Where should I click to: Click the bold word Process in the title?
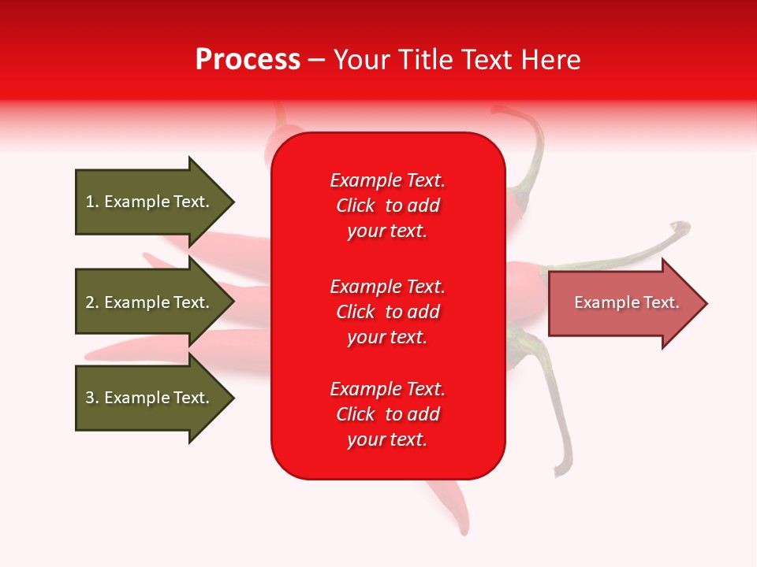(248, 60)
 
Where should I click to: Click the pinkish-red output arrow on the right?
(623, 303)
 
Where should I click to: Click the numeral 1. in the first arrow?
(91, 202)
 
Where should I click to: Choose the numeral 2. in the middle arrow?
(91, 302)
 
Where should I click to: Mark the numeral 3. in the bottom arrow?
(91, 398)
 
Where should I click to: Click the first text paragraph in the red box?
(387, 206)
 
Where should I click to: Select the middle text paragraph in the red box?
(387, 312)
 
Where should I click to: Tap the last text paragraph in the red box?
(387, 414)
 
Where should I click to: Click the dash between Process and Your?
(316, 60)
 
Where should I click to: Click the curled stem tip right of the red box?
(681, 228)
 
